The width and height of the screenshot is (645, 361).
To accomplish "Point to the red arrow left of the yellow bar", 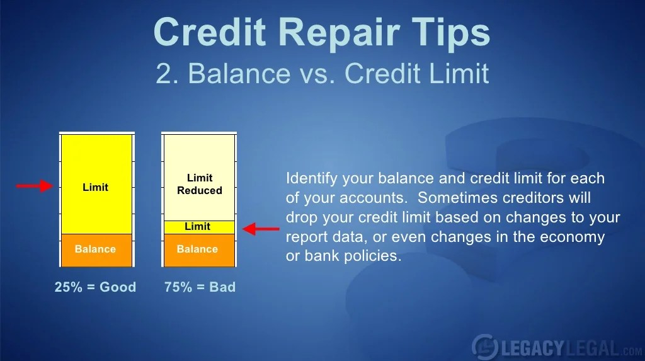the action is [x=35, y=186].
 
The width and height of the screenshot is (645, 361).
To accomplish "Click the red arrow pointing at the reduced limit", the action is [x=261, y=229].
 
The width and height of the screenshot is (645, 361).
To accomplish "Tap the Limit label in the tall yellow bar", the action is [x=96, y=187].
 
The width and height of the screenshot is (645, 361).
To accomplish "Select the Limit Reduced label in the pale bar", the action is [x=200, y=184].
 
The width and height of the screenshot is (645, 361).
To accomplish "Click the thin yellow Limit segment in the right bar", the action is [x=200, y=227].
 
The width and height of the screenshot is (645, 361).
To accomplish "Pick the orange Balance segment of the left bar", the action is [x=96, y=250].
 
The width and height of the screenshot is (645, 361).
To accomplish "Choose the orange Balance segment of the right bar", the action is [x=200, y=250].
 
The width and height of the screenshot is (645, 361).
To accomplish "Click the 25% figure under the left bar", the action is [x=68, y=287].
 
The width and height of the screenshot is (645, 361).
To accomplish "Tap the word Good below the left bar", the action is [x=118, y=287].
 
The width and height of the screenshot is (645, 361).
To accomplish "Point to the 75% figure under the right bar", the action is [x=178, y=287].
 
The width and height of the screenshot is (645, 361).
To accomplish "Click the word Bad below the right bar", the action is [x=222, y=287].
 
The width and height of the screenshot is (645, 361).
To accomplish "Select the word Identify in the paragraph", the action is [x=312, y=179].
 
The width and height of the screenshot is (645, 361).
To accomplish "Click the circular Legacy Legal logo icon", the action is [x=486, y=347].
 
